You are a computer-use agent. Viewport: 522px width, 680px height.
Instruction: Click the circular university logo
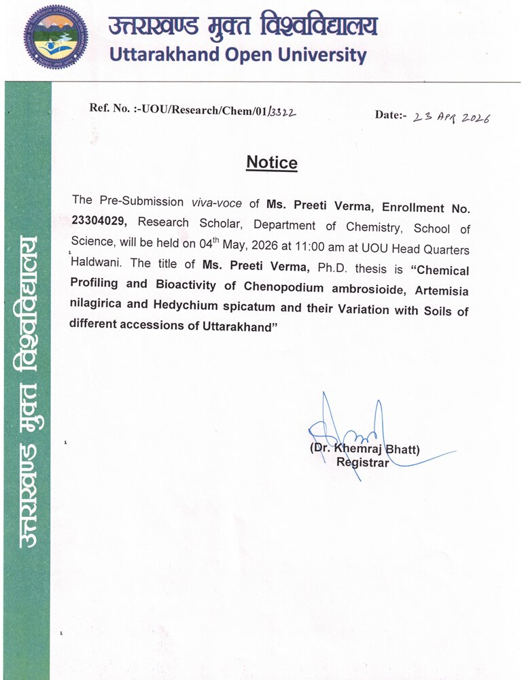click(56, 37)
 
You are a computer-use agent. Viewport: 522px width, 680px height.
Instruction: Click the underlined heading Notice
click(271, 163)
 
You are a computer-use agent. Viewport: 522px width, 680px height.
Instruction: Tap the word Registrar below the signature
click(363, 463)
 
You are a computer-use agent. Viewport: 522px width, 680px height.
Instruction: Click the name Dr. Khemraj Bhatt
click(365, 449)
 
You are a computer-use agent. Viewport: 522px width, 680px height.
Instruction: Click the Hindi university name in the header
click(242, 26)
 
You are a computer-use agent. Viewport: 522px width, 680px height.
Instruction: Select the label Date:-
click(390, 114)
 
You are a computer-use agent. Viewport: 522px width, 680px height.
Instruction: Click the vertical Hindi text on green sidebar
click(27, 394)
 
